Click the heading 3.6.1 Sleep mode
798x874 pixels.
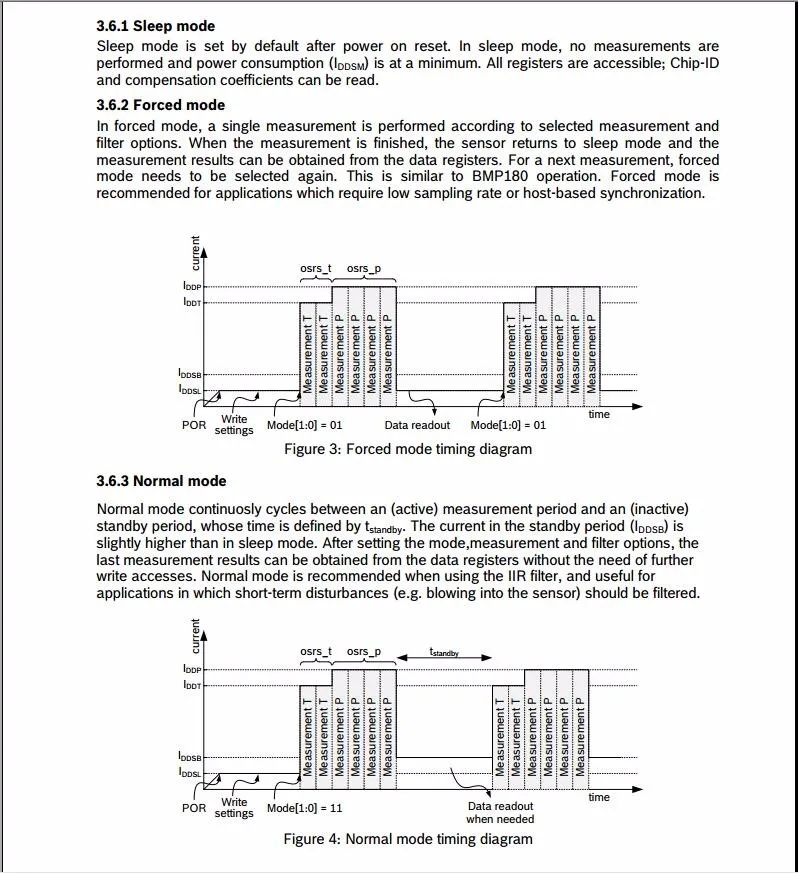point(155,26)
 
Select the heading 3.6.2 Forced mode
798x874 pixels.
point(161,105)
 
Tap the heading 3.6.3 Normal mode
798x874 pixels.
point(161,481)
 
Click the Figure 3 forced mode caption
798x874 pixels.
point(408,449)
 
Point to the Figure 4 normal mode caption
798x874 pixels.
point(408,839)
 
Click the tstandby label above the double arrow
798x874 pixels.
point(444,651)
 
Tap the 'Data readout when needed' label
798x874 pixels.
point(500,812)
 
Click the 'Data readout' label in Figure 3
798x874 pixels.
point(417,425)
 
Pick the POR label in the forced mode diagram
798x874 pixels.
point(194,425)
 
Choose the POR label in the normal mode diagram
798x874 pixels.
point(194,808)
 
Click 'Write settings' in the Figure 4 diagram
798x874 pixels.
point(234,808)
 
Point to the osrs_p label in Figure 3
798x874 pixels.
point(364,269)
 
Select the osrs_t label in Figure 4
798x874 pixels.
point(316,652)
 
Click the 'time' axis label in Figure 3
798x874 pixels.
point(599,414)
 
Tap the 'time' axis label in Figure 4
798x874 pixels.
point(599,797)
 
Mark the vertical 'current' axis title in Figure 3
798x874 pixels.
point(195,253)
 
